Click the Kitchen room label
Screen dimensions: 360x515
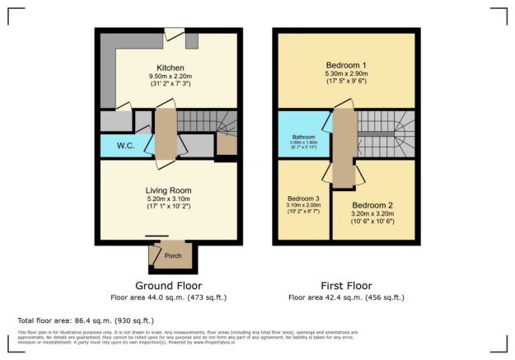(170, 68)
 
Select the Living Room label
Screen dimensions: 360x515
(168, 189)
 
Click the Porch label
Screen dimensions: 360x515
(173, 255)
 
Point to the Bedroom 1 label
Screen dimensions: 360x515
(346, 64)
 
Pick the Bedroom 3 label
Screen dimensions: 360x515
(303, 199)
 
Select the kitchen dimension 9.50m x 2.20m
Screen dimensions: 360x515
(170, 77)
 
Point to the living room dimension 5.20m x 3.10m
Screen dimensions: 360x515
(168, 199)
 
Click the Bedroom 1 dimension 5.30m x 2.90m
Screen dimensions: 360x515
(346, 73)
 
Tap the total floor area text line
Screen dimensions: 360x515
(86, 320)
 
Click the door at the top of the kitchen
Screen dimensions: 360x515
(175, 34)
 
